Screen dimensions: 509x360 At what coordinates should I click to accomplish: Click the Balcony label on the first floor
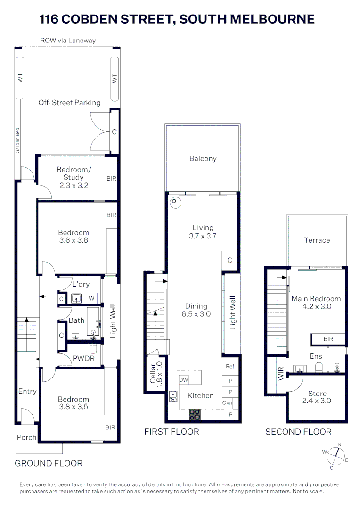point(203,159)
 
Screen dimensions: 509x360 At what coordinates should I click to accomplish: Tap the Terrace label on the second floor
point(317,240)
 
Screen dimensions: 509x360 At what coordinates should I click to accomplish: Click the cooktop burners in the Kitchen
point(195,415)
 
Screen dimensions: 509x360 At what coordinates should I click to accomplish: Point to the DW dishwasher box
point(184,380)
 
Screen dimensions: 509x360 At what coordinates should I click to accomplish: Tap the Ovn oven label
point(227,403)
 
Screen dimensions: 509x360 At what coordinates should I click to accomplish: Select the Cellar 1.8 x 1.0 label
point(155,374)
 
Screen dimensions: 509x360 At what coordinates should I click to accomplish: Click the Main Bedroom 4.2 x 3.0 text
point(316,303)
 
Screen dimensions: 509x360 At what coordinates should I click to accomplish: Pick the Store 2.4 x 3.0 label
point(317,397)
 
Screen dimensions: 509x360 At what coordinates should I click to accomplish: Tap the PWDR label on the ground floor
point(83,359)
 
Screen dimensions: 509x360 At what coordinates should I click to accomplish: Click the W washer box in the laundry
point(92,298)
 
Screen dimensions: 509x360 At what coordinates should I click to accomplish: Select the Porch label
point(26,437)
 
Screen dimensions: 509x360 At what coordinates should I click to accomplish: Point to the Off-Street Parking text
point(69,103)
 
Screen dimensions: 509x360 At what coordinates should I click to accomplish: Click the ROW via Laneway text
point(68,41)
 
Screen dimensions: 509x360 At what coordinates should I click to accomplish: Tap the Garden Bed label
point(17,141)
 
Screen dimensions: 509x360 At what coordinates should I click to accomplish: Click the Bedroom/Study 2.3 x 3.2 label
point(73,178)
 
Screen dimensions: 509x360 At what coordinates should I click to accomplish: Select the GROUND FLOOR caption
point(49,464)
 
